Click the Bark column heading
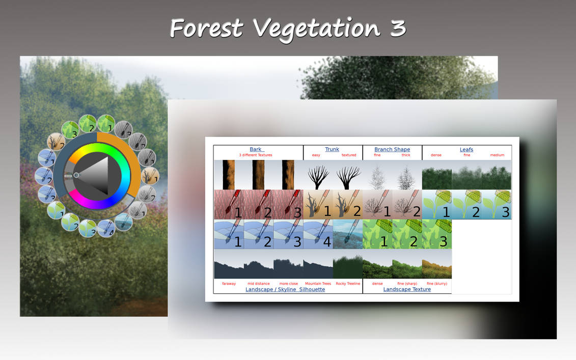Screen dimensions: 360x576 [256, 150]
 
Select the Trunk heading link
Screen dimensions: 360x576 [332, 150]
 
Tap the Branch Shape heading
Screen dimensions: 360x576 [392, 150]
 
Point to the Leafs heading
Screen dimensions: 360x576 [467, 150]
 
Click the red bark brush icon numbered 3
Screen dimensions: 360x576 [288, 205]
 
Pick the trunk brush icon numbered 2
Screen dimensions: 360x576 [348, 205]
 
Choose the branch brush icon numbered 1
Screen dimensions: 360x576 [377, 205]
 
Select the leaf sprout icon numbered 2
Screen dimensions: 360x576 [467, 205]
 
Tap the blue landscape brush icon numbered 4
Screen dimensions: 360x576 [318, 234]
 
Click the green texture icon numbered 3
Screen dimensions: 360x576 [436, 234]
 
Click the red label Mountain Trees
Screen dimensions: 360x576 [318, 284]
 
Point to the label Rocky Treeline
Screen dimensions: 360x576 [348, 284]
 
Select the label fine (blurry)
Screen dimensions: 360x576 [436, 284]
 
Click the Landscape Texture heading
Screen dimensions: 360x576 [407, 289]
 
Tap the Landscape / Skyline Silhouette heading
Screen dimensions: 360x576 [285, 289]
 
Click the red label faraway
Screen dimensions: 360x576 [229, 284]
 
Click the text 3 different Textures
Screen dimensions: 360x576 [256, 155]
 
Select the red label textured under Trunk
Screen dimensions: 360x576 [349, 155]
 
